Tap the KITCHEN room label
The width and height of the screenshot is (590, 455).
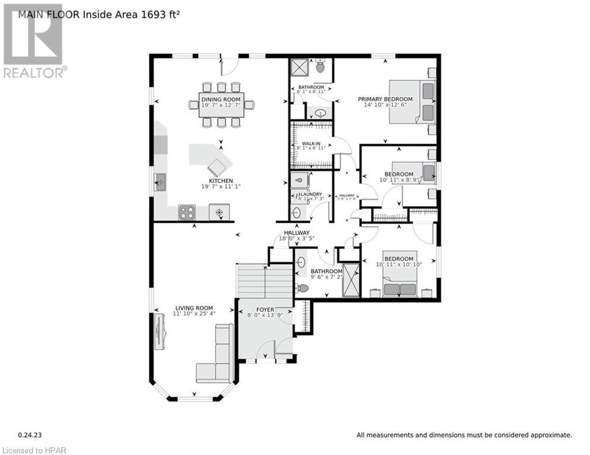click(x=221, y=181)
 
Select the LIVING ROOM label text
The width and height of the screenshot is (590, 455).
click(x=194, y=307)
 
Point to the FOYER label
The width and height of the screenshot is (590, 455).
click(x=265, y=309)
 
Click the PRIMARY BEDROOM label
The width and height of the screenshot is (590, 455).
click(x=385, y=99)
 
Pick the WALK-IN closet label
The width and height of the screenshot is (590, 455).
click(x=312, y=143)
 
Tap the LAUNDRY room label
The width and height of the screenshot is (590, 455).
click(x=311, y=194)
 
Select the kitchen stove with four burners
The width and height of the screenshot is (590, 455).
click(x=187, y=212)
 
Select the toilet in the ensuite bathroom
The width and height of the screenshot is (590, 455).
click(x=320, y=67)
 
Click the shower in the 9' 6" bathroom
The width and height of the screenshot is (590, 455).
click(x=351, y=279)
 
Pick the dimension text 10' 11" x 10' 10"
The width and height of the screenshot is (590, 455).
click(x=398, y=265)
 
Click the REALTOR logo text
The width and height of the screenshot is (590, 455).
click(x=34, y=73)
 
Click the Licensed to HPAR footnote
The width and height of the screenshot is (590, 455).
click(x=34, y=450)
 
